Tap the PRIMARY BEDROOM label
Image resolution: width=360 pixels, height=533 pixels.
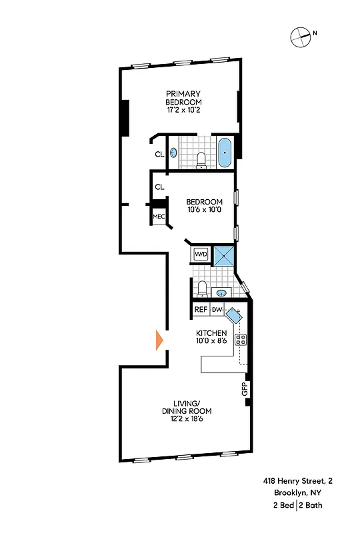point(183,97)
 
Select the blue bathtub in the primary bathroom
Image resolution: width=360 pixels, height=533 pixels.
point(225,153)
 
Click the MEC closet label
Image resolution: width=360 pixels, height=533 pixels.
point(159,217)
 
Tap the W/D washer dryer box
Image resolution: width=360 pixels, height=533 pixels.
point(201,255)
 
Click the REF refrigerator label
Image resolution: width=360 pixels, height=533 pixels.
point(200,310)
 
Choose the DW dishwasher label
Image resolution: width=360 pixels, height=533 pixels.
point(217,310)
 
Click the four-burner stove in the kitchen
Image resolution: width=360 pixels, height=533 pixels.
point(241,338)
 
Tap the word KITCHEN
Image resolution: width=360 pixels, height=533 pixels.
point(211,332)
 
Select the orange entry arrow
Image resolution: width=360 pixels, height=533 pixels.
point(159,340)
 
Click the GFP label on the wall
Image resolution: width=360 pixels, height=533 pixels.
point(245,389)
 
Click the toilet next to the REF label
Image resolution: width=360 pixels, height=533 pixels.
point(201,289)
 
